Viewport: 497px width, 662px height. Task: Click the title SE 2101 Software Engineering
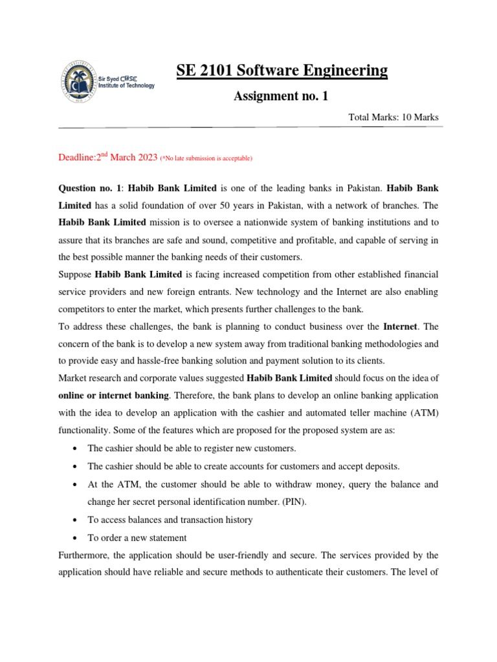point(282,70)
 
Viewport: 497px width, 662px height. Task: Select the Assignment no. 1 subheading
point(281,96)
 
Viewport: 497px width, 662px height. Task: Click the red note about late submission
point(206,158)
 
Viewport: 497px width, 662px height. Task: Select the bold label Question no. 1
point(89,189)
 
